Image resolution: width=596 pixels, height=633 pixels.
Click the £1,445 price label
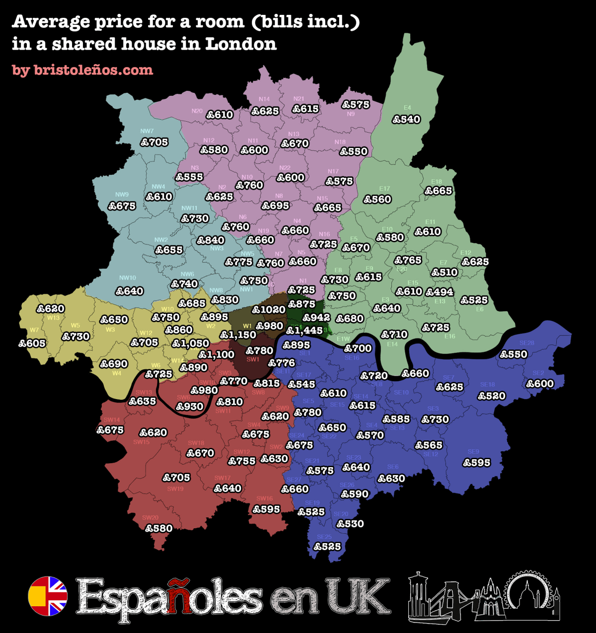click(x=304, y=330)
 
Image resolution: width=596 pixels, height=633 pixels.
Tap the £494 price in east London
click(x=440, y=292)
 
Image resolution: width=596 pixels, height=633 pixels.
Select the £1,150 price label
click(x=238, y=335)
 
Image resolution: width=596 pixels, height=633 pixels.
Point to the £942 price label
click(x=316, y=318)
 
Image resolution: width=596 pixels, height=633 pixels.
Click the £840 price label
click(x=211, y=240)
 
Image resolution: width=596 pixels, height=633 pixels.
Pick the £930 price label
click(x=190, y=407)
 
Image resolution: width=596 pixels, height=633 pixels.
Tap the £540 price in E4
click(x=406, y=119)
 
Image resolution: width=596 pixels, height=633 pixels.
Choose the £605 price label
click(x=32, y=343)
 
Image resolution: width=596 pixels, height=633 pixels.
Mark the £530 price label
click(x=350, y=524)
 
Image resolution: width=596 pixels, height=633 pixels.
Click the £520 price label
click(x=492, y=396)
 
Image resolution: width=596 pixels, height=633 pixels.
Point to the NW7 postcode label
click(x=147, y=132)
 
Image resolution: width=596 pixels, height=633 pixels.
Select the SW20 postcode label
click(x=150, y=517)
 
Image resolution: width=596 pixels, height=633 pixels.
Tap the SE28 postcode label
click(x=526, y=343)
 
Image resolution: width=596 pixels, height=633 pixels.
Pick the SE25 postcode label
click(x=324, y=537)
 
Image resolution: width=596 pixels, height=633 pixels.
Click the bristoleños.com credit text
click(x=82, y=70)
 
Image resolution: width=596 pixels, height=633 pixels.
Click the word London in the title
click(x=241, y=44)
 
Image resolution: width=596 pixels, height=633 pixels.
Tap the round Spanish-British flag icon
click(x=48, y=596)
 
